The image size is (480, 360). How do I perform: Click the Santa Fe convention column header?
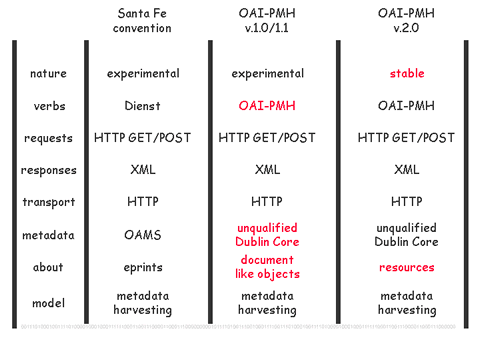[142, 21]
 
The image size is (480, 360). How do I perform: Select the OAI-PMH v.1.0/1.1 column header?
[267, 21]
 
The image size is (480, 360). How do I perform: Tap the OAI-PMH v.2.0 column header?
[406, 21]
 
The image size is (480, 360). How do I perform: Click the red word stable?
[407, 73]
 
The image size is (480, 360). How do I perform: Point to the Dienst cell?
[142, 106]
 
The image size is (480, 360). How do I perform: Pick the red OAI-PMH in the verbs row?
[267, 106]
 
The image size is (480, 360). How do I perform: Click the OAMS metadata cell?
[143, 235]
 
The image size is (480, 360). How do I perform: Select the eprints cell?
[143, 268]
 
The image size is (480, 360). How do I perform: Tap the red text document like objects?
[267, 267]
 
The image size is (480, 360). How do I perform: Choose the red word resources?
[407, 267]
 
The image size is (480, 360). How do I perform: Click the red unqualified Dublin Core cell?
[267, 235]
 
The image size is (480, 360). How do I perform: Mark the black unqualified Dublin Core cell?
[406, 235]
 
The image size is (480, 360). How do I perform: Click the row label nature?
[48, 73]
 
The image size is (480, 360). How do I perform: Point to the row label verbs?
[49, 106]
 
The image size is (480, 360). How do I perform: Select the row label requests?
[48, 138]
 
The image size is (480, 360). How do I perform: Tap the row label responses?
[49, 170]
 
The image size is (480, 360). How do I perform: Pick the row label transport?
[49, 202]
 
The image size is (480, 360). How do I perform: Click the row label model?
[48, 303]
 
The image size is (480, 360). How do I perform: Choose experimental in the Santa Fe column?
[143, 74]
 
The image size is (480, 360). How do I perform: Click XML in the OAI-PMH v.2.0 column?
[407, 170]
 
